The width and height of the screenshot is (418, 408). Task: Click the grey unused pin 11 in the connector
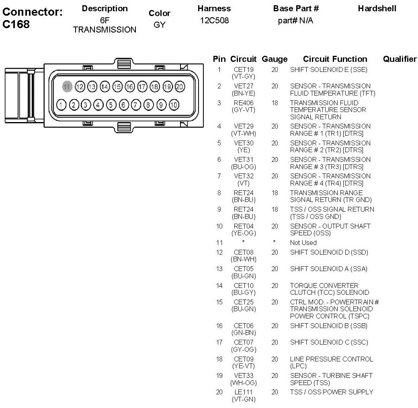pyautogui.click(x=67, y=86)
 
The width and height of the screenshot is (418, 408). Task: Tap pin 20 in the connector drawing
pyautogui.click(x=180, y=86)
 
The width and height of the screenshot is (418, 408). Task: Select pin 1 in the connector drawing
pyautogui.click(x=61, y=105)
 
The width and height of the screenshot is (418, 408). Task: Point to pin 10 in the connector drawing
pyautogui.click(x=174, y=105)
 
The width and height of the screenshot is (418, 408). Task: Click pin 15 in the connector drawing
pyautogui.click(x=117, y=86)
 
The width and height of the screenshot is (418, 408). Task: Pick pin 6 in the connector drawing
pyautogui.click(x=124, y=105)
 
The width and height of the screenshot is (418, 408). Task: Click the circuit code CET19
pyautogui.click(x=244, y=69)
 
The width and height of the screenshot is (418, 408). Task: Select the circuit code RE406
pyautogui.click(x=244, y=103)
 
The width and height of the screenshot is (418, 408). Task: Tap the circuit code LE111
pyautogui.click(x=244, y=392)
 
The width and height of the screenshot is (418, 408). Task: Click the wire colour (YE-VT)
pyautogui.click(x=244, y=366)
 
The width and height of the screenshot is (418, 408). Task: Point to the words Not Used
pyautogui.click(x=303, y=243)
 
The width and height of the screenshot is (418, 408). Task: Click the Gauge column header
pyautogui.click(x=275, y=59)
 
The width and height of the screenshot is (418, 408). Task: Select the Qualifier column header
pyautogui.click(x=400, y=59)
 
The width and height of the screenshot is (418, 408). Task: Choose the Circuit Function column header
pyautogui.click(x=335, y=59)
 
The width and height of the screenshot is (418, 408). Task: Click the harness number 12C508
pyautogui.click(x=214, y=20)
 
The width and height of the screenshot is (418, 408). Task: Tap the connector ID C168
pyautogui.click(x=16, y=24)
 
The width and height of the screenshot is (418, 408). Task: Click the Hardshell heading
pyautogui.click(x=377, y=8)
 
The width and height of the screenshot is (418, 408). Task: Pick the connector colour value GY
pyautogui.click(x=159, y=24)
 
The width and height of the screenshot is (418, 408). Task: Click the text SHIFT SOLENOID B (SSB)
pyautogui.click(x=328, y=326)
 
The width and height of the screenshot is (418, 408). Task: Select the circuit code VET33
pyautogui.click(x=244, y=375)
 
